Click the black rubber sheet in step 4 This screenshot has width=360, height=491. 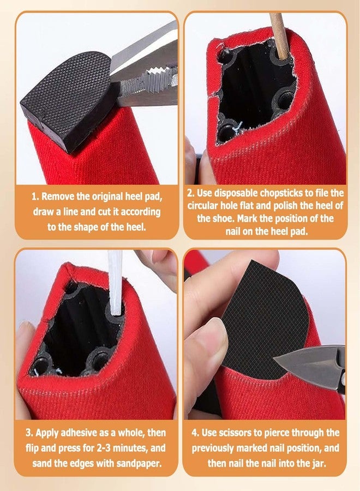click(262, 316)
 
